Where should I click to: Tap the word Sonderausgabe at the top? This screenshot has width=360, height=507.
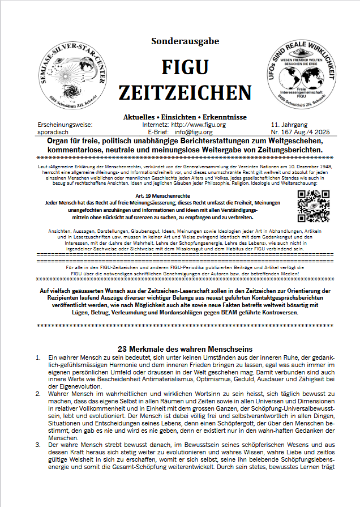[x=185, y=41]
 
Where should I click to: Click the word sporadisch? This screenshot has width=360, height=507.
[x=54, y=132]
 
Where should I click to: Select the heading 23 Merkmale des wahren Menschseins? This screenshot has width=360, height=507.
[x=185, y=348]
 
